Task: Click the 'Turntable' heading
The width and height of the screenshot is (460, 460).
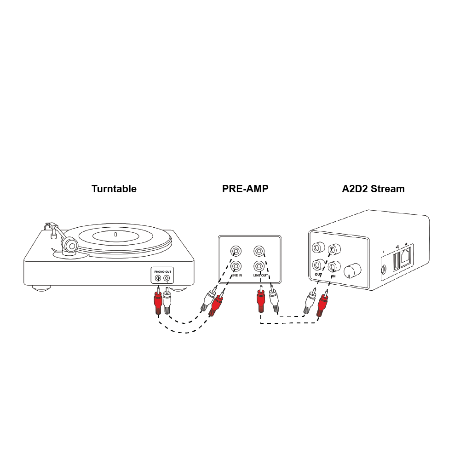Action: point(114,189)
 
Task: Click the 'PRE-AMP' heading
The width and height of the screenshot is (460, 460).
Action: point(245,189)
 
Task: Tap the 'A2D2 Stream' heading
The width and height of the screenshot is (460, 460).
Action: point(373,189)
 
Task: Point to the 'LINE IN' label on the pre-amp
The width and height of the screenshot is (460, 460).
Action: point(236,275)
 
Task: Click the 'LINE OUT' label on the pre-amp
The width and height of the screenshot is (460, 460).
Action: point(260,275)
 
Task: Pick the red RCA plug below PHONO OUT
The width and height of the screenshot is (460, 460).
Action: point(157,304)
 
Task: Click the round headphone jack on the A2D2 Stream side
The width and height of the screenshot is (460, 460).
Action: point(383,271)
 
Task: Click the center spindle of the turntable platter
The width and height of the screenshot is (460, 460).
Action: point(115,235)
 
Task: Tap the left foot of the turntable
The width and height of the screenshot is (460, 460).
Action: point(41,288)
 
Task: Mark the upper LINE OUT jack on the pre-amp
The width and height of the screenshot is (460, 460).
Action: point(259,251)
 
